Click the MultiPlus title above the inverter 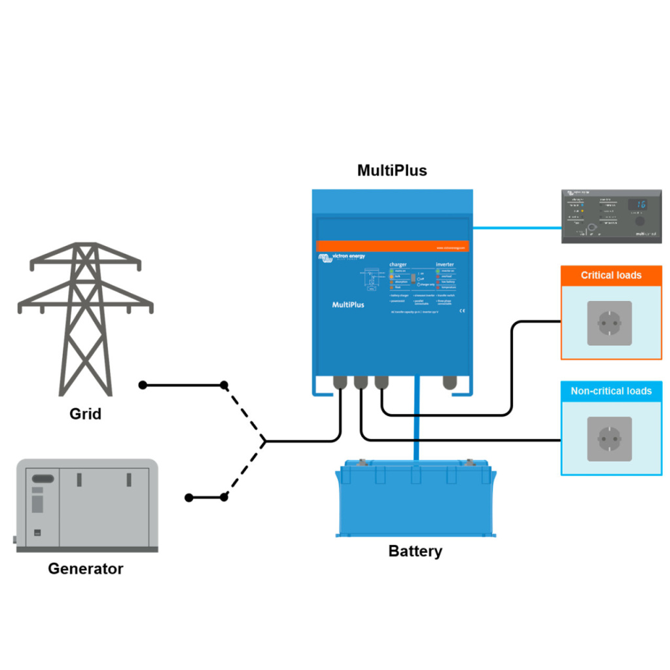tap(392, 171)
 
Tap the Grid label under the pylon tap(85, 414)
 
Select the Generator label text tap(85, 568)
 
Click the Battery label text tap(415, 551)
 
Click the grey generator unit tap(87, 505)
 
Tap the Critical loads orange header tap(611, 275)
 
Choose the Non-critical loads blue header tap(611, 391)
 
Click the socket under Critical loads tap(609, 323)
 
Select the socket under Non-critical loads tap(609, 438)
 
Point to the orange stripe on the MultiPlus tap(393, 247)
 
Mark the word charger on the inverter tap(398, 264)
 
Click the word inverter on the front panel tap(445, 264)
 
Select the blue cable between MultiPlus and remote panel tap(517, 228)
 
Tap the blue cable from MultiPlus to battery tap(415, 425)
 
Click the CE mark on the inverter tap(462, 310)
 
